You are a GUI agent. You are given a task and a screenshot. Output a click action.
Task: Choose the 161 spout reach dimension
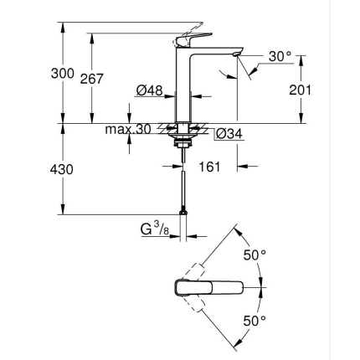coord(209,167)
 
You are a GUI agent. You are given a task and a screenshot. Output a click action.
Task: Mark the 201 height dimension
coord(300,90)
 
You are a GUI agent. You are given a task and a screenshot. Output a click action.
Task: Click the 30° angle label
coord(280,57)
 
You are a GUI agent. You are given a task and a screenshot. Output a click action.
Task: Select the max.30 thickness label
coord(126,129)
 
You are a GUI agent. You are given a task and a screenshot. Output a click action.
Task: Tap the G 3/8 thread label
coord(154,228)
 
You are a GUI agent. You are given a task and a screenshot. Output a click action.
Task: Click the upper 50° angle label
coord(254,255)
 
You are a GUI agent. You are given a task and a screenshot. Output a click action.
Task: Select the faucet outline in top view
coord(209,288)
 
